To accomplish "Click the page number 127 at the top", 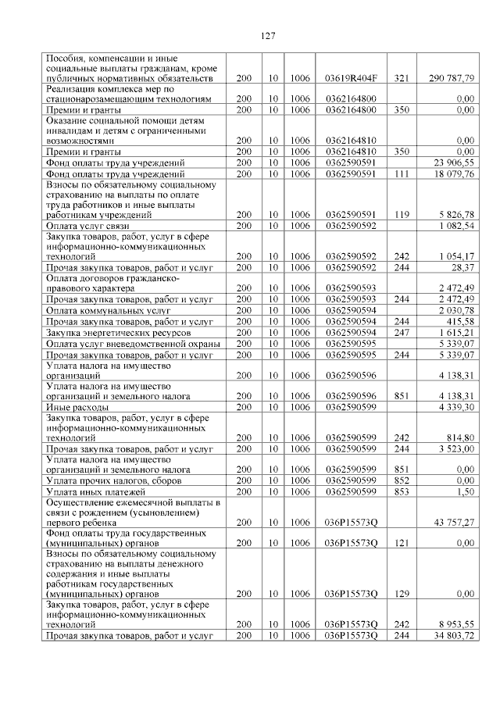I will pos(265,35).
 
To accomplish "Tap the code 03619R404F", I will pos(351,79).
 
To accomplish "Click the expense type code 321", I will pos(402,79).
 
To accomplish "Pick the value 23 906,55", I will pos(456,162).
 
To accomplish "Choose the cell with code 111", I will pos(402,173).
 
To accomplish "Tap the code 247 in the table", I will pos(402,333).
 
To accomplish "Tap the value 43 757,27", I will pos(456,521).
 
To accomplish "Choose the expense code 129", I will pos(402,594).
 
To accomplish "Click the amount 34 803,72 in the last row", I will pos(456,636).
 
